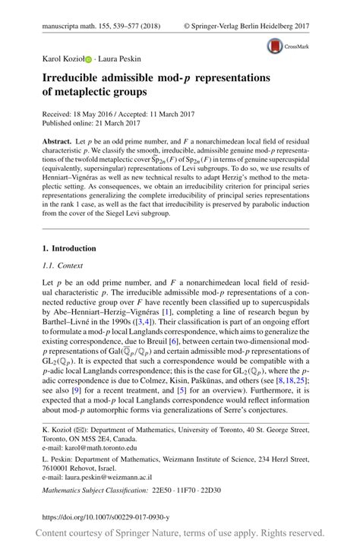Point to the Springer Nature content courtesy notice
pyautogui.click(x=179, y=535)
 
